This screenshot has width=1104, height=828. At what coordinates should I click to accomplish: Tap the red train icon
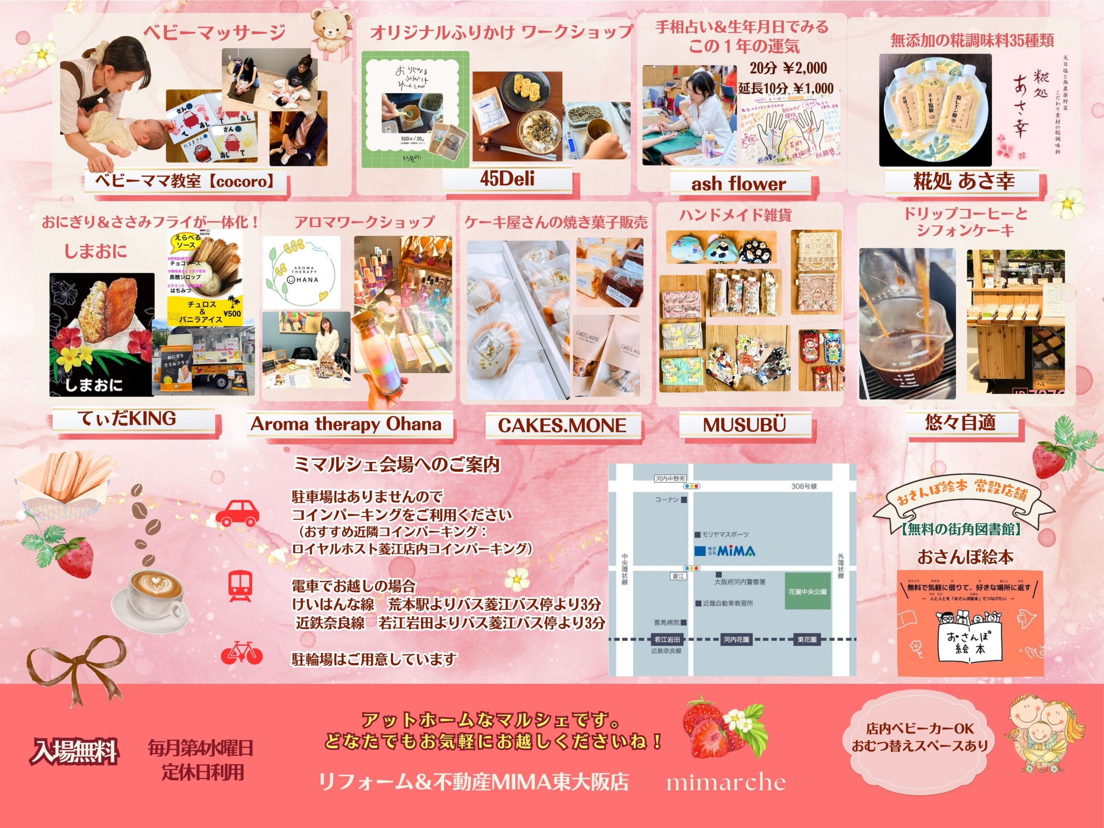pyautogui.click(x=240, y=586)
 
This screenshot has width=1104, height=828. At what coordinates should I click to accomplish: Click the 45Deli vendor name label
pyautogui.click(x=507, y=179)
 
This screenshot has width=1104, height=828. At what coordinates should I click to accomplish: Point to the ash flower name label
pyautogui.click(x=738, y=184)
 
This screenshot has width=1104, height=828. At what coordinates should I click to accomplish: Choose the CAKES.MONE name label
pyautogui.click(x=562, y=425)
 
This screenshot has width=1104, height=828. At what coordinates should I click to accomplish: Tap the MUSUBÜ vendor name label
pyautogui.click(x=744, y=425)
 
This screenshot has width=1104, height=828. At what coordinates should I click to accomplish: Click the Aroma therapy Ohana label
pyautogui.click(x=346, y=424)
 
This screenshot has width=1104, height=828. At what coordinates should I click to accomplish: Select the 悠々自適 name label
pyautogui.click(x=960, y=423)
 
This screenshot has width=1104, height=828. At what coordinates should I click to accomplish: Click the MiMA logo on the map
pyautogui.click(x=726, y=551)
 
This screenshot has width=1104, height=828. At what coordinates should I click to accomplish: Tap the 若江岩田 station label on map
pyautogui.click(x=667, y=640)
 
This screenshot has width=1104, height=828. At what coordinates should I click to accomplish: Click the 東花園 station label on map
pyautogui.click(x=807, y=640)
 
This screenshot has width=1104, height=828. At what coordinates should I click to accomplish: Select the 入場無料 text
pyautogui.click(x=75, y=751)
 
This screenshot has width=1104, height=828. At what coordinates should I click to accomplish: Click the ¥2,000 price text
pyautogui.click(x=803, y=69)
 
